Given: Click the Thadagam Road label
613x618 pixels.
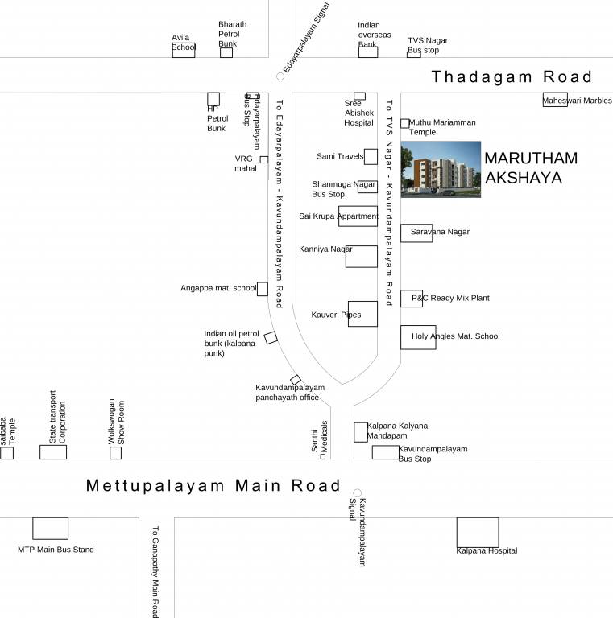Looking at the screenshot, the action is point(512,77).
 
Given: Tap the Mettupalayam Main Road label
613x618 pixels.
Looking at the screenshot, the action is point(213,486).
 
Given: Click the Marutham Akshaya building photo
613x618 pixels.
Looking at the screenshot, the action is point(441,169).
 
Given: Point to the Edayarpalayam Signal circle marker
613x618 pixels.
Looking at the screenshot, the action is point(280,76).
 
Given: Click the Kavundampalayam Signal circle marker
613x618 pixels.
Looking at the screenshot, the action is point(357,493).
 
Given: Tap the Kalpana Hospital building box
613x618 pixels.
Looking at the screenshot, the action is point(477,532).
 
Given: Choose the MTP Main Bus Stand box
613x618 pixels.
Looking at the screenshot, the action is point(50,528).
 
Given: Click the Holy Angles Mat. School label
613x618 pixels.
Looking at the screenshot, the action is point(455,336).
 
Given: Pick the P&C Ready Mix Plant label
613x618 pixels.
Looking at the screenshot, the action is point(450,299).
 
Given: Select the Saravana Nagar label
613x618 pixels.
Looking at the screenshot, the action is point(440,232).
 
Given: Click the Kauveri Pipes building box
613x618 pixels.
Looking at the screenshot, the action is point(362,314).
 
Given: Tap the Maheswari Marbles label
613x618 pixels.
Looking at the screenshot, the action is point(577,101).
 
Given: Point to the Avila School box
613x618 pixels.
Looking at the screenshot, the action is point(183,50).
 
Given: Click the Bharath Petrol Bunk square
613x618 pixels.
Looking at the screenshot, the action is point(226,53).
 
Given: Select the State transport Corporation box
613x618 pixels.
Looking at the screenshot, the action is point(53,451).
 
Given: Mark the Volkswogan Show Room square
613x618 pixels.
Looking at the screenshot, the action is point(115,453).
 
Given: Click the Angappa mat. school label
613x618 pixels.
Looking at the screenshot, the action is point(218,288).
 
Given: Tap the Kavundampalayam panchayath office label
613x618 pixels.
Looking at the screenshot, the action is point(290,392).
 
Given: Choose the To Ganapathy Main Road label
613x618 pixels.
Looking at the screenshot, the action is point(155,571).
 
